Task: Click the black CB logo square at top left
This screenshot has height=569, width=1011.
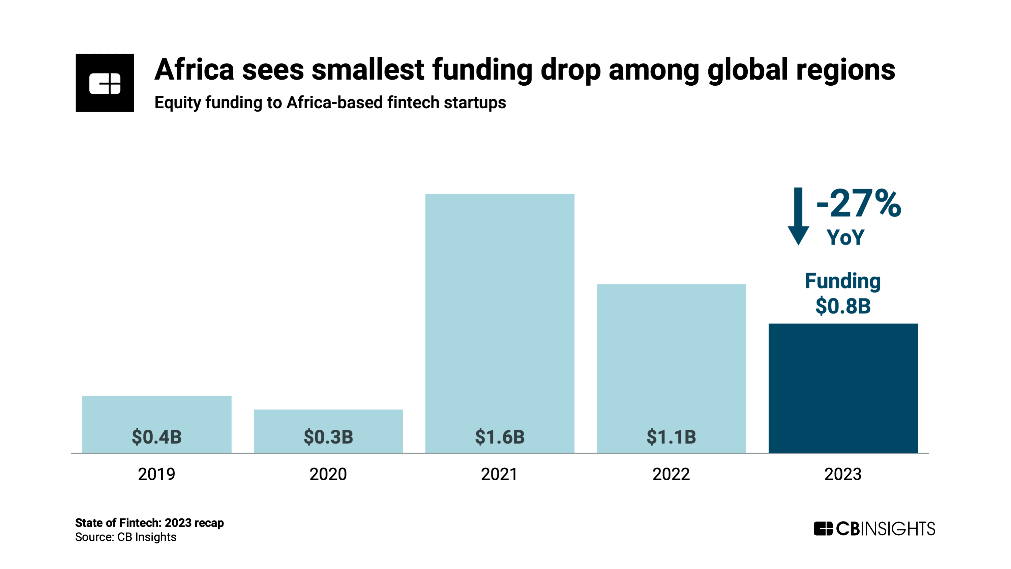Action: click(105, 83)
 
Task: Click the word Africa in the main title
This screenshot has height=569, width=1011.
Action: click(194, 70)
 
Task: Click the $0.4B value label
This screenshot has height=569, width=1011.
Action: click(157, 437)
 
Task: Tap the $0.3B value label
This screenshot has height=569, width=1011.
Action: click(328, 437)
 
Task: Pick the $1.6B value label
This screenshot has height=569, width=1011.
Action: click(500, 437)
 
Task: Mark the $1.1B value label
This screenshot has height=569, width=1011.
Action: click(671, 437)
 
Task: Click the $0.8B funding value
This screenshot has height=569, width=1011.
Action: click(843, 306)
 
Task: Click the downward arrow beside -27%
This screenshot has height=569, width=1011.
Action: click(798, 216)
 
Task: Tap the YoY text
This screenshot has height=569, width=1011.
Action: click(845, 237)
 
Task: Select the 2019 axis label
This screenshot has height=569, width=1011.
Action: click(157, 474)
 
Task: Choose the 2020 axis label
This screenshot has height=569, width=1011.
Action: click(328, 474)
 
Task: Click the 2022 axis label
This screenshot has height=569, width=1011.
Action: click(671, 474)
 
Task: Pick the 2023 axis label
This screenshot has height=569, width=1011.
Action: click(843, 474)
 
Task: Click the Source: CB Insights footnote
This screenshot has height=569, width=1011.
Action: click(126, 537)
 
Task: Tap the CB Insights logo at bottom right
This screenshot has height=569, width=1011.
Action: click(874, 529)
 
